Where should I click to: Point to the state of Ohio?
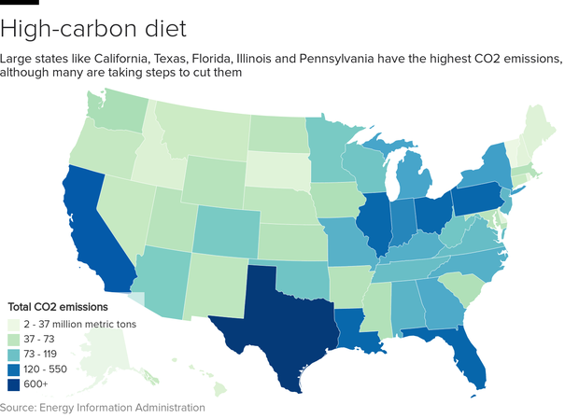click(431, 215)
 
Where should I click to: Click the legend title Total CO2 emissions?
click(58, 306)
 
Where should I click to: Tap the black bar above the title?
click(19, 2)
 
